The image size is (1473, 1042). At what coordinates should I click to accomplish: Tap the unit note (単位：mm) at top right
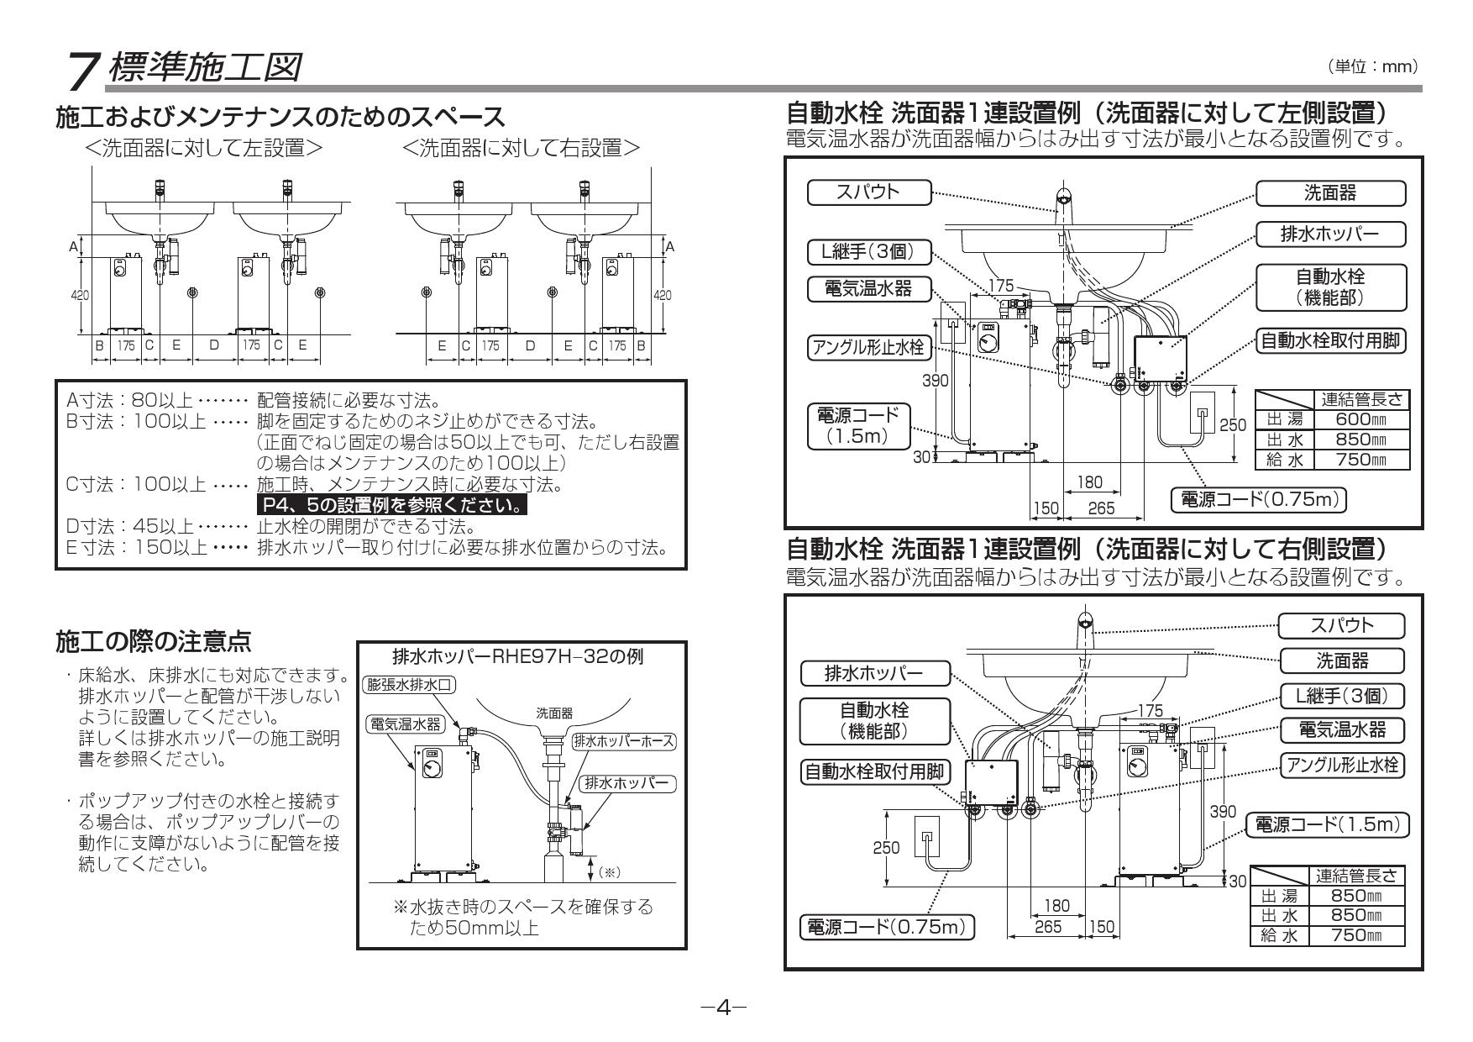point(1376,66)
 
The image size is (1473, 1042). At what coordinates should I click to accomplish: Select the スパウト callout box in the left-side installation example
point(868,192)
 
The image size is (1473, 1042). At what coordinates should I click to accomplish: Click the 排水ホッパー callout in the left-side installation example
point(1329,234)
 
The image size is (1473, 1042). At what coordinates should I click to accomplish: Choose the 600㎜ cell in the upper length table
point(1360,418)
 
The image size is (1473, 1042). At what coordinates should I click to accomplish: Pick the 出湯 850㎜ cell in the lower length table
point(1356,897)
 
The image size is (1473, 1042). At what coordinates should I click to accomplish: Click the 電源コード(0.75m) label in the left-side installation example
point(1257,500)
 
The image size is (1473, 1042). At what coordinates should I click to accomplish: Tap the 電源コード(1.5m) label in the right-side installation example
point(1327,825)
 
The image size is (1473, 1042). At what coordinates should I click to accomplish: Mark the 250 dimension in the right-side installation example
point(886,847)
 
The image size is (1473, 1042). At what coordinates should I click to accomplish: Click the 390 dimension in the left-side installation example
point(936,381)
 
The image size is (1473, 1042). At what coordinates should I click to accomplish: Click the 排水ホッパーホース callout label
point(623,741)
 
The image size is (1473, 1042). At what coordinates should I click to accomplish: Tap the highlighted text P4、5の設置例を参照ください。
point(391,506)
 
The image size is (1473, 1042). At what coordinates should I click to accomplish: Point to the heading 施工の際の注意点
point(153,643)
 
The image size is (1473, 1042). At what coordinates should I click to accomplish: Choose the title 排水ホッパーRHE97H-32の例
point(518,656)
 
